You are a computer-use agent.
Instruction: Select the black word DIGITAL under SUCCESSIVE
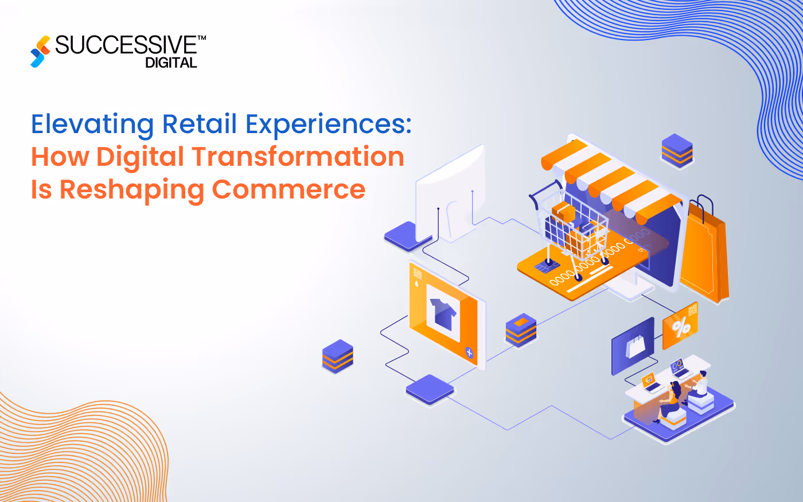click(x=171, y=63)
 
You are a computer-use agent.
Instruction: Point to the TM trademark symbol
click(x=201, y=38)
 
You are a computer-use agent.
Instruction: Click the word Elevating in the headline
click(x=92, y=124)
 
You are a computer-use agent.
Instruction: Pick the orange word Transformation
click(x=298, y=157)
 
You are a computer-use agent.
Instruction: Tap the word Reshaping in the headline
click(x=131, y=190)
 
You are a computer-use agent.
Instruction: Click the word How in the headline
click(x=60, y=157)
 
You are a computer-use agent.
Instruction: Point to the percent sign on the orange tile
click(x=681, y=328)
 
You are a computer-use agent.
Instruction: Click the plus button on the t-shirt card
click(x=469, y=352)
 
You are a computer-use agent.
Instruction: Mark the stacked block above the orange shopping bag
click(x=677, y=150)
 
